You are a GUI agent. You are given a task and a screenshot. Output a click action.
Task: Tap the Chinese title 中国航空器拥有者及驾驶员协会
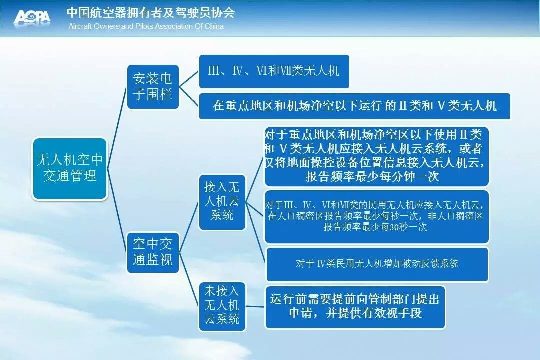tap(151, 12)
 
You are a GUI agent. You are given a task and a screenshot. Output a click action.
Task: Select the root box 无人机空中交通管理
tap(70, 169)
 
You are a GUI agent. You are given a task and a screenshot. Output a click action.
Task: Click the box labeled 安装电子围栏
tap(153, 87)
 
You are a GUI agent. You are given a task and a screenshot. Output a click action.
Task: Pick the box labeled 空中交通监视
tap(153, 252)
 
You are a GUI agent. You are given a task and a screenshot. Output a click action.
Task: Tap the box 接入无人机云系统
tap(222, 202)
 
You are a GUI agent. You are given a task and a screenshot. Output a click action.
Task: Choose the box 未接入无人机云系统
tap(222, 306)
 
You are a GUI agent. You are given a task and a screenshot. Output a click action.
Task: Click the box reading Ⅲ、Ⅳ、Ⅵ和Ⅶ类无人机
tap(274, 71)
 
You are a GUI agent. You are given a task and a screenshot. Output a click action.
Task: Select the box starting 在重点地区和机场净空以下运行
tap(354, 106)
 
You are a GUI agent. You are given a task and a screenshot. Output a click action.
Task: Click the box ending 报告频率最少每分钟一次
tap(376, 156)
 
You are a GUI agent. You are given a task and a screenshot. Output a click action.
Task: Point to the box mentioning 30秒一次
tap(376, 216)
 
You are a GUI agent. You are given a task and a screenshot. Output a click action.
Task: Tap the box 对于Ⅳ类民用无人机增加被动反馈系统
tap(377, 264)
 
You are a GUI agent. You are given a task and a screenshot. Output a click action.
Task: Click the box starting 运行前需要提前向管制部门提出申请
tap(355, 307)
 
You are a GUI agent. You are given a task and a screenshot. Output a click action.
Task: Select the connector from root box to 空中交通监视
tap(117, 210)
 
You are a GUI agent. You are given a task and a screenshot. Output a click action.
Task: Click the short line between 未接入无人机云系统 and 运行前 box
tap(255, 306)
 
